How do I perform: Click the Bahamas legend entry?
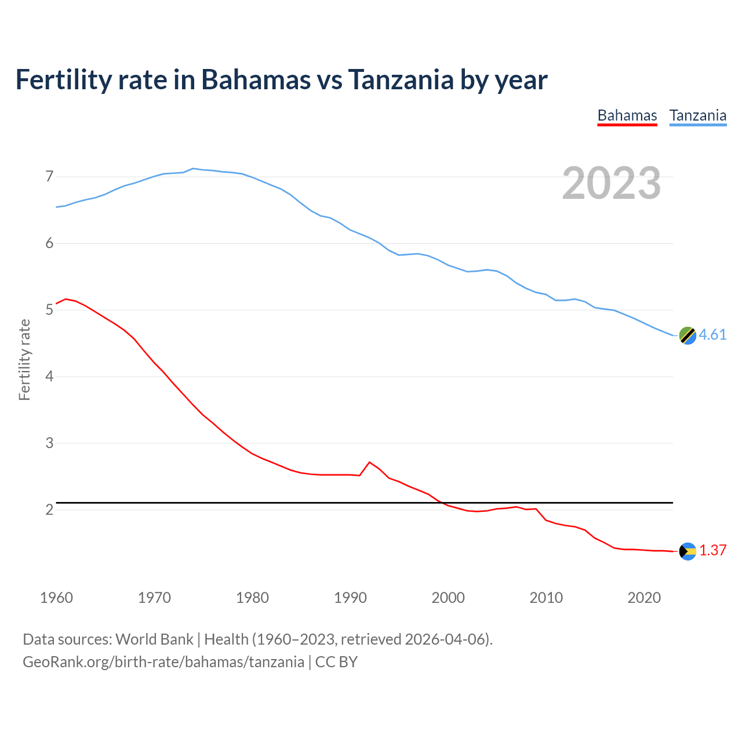[x=627, y=115]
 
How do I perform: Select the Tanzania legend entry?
[x=698, y=115]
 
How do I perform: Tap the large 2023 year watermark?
[x=611, y=183]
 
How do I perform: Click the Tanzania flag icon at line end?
[x=688, y=335]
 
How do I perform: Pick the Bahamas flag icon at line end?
[x=688, y=551]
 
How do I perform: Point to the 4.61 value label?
[x=712, y=335]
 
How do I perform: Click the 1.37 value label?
[x=712, y=551]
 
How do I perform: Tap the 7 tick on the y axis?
[x=49, y=176]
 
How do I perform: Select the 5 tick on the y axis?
[x=49, y=310]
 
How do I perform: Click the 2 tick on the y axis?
[x=49, y=510]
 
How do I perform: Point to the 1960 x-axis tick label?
[x=56, y=598]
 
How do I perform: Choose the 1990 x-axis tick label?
[x=350, y=598]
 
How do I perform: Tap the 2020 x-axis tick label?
[x=644, y=598]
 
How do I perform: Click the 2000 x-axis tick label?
[x=448, y=598]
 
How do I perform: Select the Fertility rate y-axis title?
[x=24, y=359]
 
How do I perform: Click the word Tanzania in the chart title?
[x=401, y=80]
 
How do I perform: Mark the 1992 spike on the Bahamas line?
[x=369, y=462]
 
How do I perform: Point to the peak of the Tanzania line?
[x=193, y=168]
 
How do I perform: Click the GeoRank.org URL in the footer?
[x=163, y=661]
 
